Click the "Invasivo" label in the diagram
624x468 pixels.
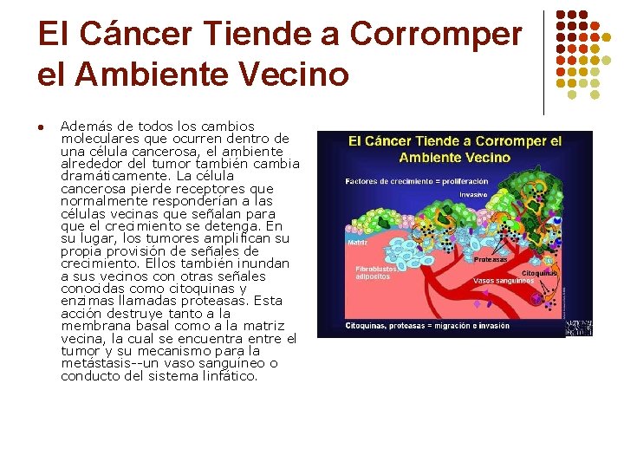474,195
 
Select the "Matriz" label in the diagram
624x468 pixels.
357,243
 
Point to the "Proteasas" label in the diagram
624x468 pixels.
490,260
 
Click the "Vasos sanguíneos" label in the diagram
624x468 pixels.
504,280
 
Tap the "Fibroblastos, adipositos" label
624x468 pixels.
379,273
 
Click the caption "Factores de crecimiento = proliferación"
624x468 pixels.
416,182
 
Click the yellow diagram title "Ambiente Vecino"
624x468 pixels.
454,158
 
